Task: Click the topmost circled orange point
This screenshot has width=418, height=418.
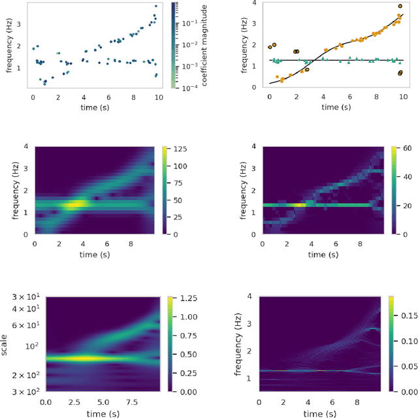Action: click(400, 7)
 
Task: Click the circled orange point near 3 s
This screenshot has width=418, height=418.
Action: click(307, 70)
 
